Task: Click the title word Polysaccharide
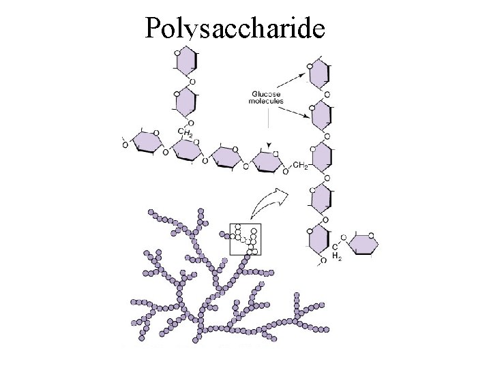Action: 235,28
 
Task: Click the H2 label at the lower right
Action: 336,256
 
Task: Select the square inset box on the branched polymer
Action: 245,239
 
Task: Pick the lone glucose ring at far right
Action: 362,244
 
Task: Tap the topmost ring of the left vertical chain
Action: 185,62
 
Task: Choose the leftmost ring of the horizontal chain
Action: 146,142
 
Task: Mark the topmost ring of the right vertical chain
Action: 320,75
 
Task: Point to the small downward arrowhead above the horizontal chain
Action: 269,145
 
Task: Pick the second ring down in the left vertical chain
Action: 185,102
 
